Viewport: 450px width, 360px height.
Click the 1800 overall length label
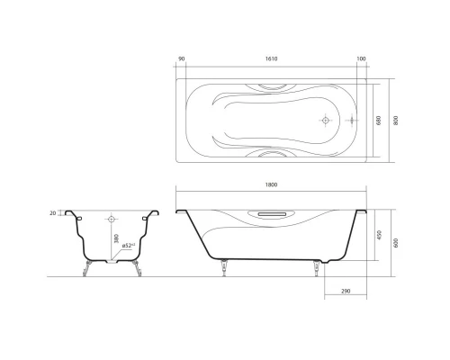[272, 185]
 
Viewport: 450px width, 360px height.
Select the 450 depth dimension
[380, 235]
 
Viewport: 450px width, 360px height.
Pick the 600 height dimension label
[396, 240]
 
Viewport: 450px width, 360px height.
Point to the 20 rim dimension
[54, 213]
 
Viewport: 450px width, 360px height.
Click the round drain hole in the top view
[326, 119]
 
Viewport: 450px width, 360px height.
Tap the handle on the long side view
[271, 213]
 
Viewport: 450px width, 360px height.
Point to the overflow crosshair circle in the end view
[112, 218]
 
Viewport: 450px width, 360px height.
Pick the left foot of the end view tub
[87, 267]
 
